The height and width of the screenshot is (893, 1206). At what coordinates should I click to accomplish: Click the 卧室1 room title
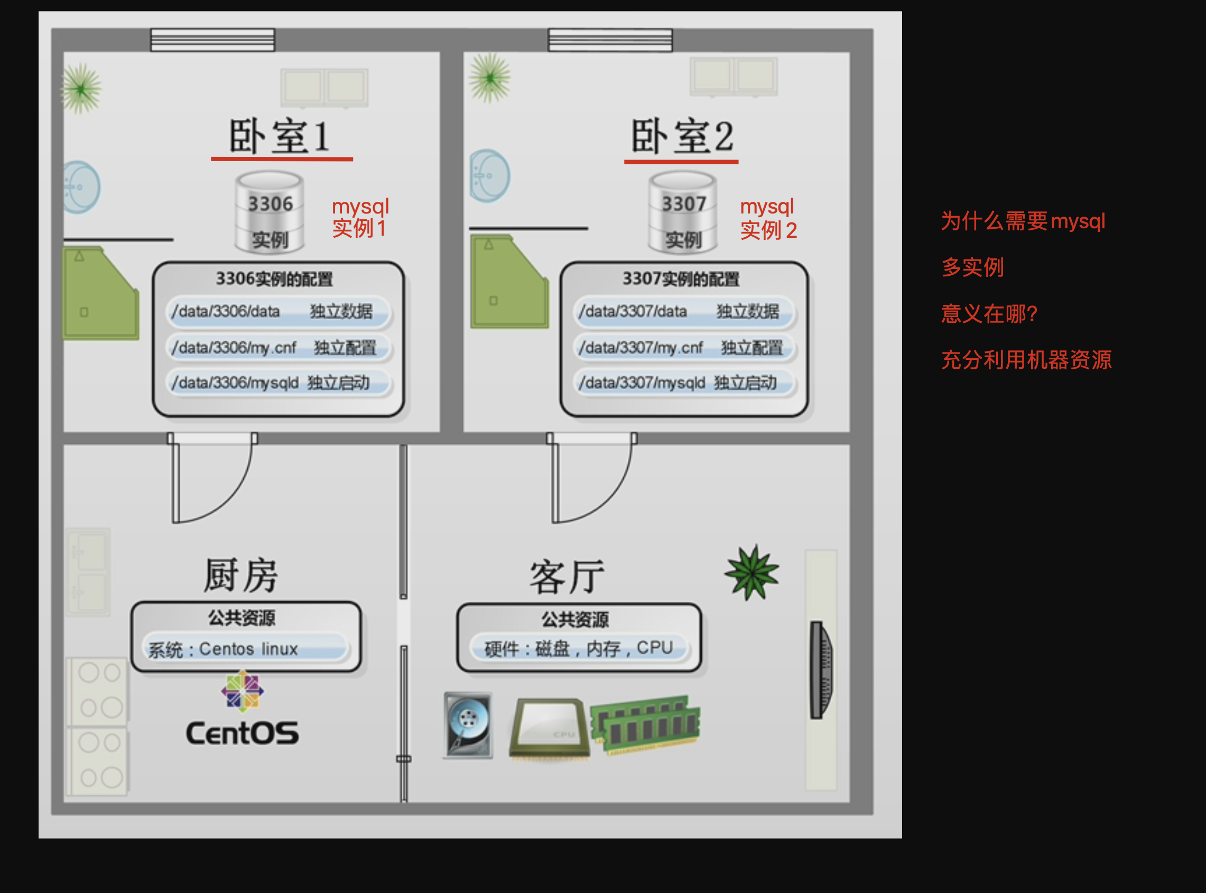click(279, 136)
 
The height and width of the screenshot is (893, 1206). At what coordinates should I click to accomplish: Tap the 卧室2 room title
click(682, 136)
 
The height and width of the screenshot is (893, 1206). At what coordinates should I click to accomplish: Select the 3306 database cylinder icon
click(270, 212)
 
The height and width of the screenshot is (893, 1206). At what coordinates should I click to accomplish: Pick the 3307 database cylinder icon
click(683, 212)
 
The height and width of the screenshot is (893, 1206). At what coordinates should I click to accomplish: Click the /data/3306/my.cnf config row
click(279, 348)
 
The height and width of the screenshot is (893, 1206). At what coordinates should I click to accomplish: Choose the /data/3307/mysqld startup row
click(684, 383)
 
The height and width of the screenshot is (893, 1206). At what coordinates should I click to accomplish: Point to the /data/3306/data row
click(279, 312)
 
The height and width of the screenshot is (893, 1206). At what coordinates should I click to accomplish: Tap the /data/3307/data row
click(684, 312)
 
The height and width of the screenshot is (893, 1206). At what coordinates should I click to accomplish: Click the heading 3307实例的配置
click(681, 279)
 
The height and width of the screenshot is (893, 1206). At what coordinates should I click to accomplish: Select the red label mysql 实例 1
click(360, 217)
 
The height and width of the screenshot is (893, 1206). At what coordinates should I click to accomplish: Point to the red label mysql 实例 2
click(768, 218)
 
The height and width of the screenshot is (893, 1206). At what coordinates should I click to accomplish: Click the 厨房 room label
click(241, 574)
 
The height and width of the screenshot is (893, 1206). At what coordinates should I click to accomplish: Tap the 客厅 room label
click(567, 577)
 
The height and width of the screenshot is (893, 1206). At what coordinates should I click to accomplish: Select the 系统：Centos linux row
click(245, 649)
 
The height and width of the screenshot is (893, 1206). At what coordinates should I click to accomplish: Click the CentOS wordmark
click(242, 733)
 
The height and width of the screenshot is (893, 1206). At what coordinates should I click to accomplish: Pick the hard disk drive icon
click(468, 725)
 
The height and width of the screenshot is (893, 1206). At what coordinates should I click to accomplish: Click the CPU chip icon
click(549, 728)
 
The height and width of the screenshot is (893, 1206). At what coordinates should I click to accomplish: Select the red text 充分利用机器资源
click(1026, 359)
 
